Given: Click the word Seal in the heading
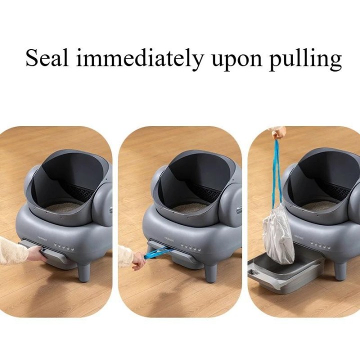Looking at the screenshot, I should click(47, 58).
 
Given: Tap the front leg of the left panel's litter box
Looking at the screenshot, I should click(84, 270).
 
